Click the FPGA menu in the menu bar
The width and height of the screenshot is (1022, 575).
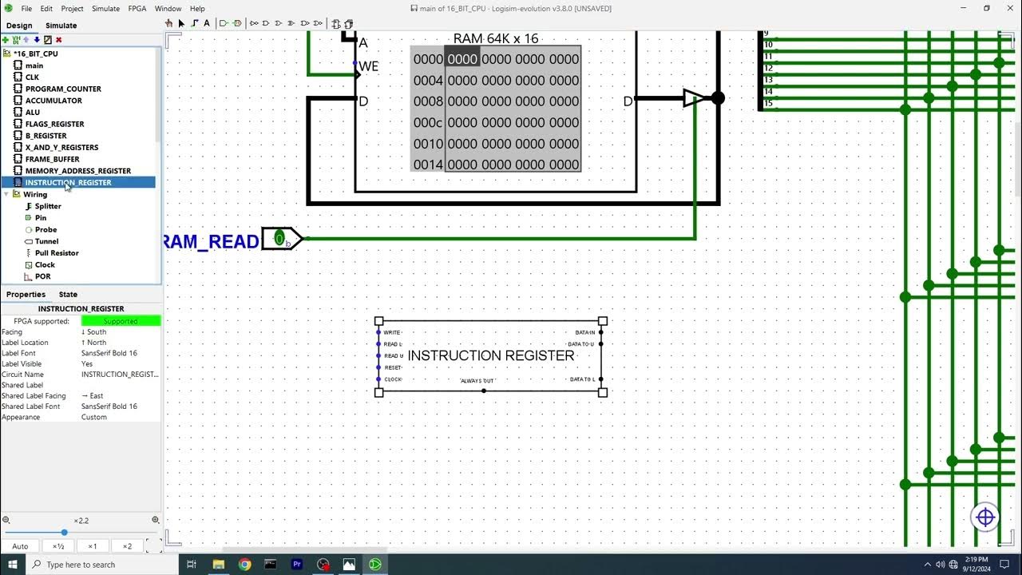pos(137,9)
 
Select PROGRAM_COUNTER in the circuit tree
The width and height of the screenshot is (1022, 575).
pos(62,89)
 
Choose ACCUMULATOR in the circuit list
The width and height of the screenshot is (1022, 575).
pos(53,101)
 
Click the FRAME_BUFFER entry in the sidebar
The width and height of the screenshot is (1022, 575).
pos(52,159)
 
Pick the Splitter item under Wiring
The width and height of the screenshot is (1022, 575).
pos(48,206)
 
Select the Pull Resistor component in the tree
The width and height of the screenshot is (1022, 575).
pos(56,253)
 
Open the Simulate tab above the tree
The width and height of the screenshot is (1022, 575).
pos(61,26)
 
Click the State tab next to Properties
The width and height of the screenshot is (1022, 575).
pos(68,295)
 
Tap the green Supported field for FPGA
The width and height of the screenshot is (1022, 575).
pos(121,321)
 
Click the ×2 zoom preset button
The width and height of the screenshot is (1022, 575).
pos(127,546)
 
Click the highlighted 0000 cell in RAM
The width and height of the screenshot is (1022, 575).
pos(462,59)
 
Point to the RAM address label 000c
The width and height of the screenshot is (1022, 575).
pos(428,122)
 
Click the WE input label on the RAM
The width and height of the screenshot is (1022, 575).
pos(369,66)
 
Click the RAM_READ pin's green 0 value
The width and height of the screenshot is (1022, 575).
pos(279,238)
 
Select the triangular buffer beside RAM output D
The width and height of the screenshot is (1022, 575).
pos(694,98)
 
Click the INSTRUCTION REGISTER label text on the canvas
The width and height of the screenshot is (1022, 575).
pos(491,355)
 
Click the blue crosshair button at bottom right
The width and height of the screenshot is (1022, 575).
pos(985,517)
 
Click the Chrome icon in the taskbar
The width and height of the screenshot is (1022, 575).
pos(244,565)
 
